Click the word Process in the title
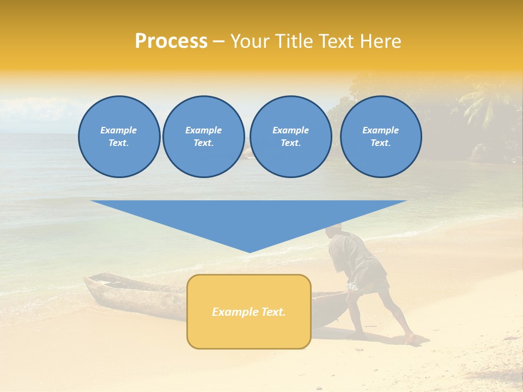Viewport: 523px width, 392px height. point(171,41)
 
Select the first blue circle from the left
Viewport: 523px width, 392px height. point(119,137)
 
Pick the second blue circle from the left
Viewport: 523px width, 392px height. point(203,137)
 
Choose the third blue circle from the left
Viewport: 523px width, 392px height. point(290,137)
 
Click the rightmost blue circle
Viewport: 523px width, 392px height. point(380,137)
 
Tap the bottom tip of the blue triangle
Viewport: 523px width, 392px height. point(250,252)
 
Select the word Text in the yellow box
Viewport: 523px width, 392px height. point(273,312)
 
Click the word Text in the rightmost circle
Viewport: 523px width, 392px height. point(380,143)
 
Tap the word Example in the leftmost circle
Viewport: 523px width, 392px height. point(119,130)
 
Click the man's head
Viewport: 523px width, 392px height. point(333,231)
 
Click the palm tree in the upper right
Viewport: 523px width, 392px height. point(482,103)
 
